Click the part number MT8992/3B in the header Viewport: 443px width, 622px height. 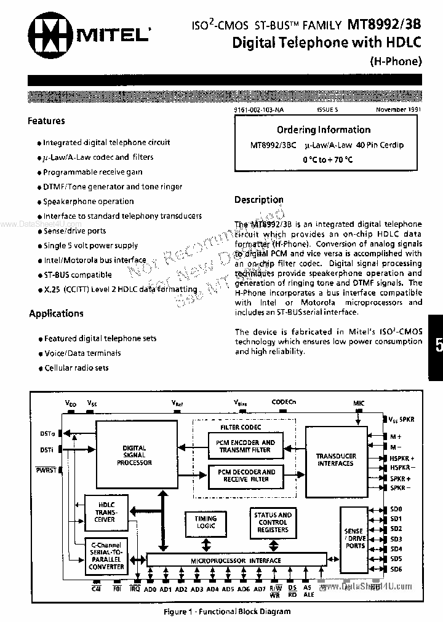pyautogui.click(x=385, y=25)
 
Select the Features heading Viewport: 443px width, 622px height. pyautogui.click(x=46, y=121)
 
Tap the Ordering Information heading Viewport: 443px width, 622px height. pyautogui.click(x=323, y=130)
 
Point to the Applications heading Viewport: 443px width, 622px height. pyautogui.click(x=56, y=313)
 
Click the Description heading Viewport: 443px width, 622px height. pyautogui.click(x=258, y=200)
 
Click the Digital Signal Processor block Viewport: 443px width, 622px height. pyautogui.click(x=134, y=455)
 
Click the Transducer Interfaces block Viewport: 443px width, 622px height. pyautogui.click(x=335, y=460)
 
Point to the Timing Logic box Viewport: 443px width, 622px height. pyautogui.click(x=206, y=522)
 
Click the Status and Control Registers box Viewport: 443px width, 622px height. pyautogui.click(x=273, y=522)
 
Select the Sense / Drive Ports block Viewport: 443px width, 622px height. pyautogui.click(x=355, y=538)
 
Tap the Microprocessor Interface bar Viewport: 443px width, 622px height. pyautogui.click(x=243, y=561)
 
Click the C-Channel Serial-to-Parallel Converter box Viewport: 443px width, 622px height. pyautogui.click(x=106, y=556)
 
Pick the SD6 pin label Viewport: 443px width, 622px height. pyautogui.click(x=396, y=569)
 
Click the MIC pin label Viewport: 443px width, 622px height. pyautogui.click(x=359, y=403)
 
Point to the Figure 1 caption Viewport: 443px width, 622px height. pyautogui.click(x=227, y=612)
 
